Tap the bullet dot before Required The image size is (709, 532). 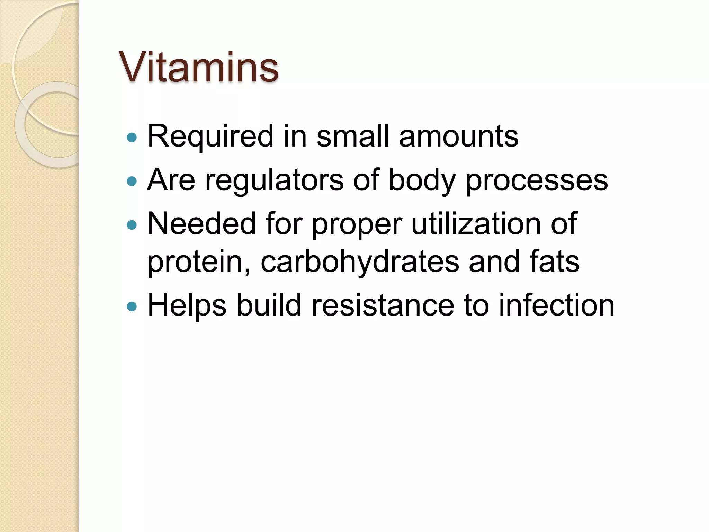tap(132, 138)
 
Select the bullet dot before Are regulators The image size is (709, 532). tap(132, 181)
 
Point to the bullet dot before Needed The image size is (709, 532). tap(132, 225)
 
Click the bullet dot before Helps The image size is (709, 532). tap(132, 307)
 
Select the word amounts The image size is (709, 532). tap(459, 136)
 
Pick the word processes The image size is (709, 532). tap(537, 180)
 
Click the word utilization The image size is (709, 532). tap(476, 224)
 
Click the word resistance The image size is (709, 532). tap(383, 305)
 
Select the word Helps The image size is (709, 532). tap(187, 305)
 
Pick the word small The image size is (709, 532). tap(353, 136)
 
